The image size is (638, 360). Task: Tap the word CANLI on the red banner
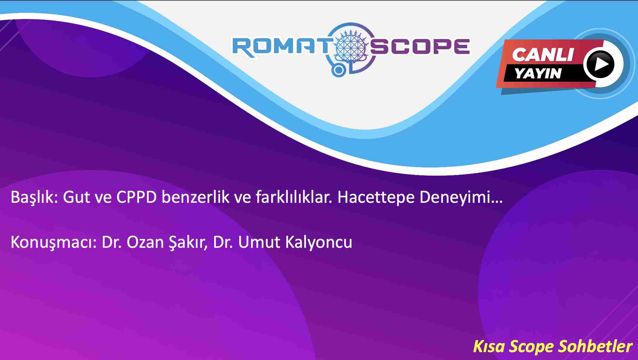point(543,55)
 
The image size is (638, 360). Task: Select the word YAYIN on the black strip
point(538,73)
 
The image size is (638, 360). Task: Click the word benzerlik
point(196,198)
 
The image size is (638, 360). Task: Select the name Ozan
point(145,243)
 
